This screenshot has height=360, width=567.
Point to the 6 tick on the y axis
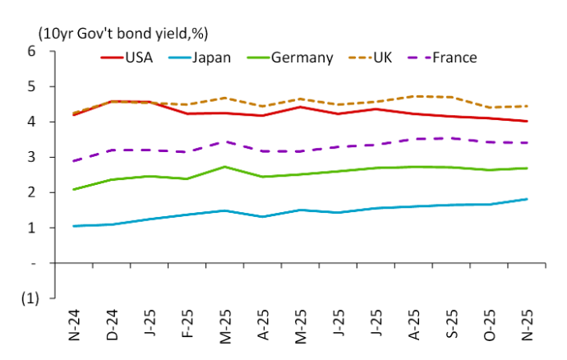32,51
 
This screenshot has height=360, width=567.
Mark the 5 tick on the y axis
32,86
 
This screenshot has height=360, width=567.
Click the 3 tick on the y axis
32,157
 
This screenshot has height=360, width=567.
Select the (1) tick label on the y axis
29,298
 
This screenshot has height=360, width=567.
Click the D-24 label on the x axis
114,325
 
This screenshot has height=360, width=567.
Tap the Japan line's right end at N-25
527,199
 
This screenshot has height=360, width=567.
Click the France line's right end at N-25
527,143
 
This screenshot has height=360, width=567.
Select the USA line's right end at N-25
527,122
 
